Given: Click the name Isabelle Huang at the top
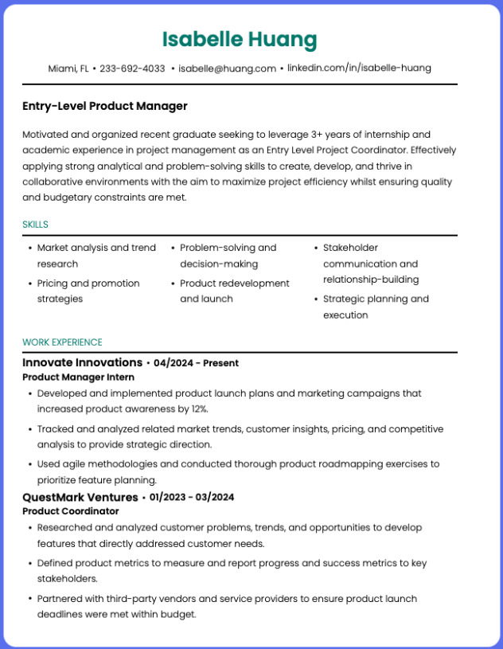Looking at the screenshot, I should [x=240, y=39].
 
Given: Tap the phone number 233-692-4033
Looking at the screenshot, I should [x=132, y=68].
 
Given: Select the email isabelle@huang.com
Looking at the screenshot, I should [x=227, y=68].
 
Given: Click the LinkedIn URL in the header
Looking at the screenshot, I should [x=359, y=68].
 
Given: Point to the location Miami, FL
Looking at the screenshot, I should [x=68, y=68].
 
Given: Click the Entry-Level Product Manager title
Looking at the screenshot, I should [x=105, y=106].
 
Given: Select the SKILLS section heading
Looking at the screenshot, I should [x=36, y=225].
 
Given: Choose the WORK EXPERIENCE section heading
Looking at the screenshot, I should [x=62, y=342].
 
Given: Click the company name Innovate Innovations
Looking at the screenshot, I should [x=82, y=362].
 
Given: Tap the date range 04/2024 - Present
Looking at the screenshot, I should [x=196, y=363].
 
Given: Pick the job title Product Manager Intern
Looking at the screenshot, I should [x=78, y=377].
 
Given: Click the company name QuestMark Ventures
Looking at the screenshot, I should [x=80, y=497].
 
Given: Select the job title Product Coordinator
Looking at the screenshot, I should [x=70, y=511].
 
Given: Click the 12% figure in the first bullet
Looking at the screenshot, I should [x=198, y=409].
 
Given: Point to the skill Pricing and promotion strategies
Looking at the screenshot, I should [x=88, y=291].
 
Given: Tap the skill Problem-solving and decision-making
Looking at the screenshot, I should [x=228, y=256].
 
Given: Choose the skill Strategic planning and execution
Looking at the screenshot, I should [x=375, y=307].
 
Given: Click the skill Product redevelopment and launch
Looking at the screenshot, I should [x=234, y=291].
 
